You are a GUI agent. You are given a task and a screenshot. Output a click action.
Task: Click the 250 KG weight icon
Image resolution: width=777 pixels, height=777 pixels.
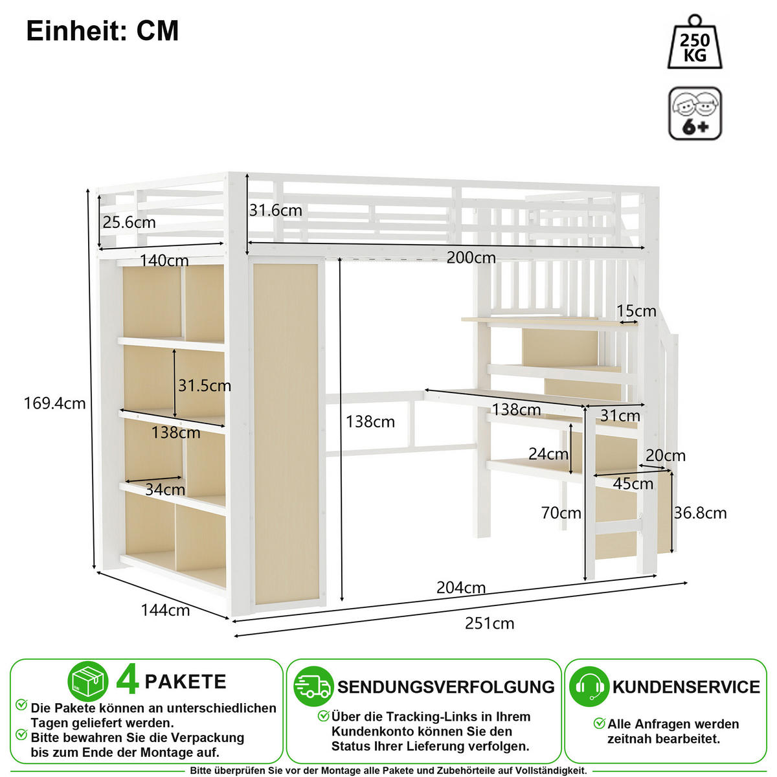[x=695, y=42]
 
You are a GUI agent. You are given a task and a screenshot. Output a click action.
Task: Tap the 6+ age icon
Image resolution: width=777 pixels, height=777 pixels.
[x=695, y=113]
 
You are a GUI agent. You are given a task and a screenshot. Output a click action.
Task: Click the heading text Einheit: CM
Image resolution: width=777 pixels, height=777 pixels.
[x=102, y=30]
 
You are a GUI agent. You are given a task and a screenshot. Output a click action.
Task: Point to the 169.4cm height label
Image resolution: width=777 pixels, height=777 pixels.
[x=55, y=403]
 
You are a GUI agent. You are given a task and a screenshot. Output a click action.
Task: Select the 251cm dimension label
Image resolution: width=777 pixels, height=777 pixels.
[x=490, y=624]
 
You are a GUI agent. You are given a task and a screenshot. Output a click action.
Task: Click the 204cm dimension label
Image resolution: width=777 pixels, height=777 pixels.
[x=461, y=588]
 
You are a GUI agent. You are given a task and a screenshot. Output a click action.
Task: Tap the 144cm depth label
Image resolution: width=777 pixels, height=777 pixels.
[x=165, y=610]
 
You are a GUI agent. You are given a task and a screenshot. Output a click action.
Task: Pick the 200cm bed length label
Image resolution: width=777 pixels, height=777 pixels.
[x=471, y=258]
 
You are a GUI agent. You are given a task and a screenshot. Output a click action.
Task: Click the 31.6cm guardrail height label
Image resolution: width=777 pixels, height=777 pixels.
[x=275, y=210]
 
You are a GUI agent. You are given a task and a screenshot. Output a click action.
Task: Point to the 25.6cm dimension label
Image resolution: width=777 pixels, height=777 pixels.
[x=129, y=222]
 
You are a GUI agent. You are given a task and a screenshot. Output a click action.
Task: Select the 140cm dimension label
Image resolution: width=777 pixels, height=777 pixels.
[x=164, y=260]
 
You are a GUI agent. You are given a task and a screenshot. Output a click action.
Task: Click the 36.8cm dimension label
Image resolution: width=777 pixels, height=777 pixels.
[x=701, y=513]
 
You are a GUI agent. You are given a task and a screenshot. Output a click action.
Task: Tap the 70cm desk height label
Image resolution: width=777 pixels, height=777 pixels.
[x=561, y=513]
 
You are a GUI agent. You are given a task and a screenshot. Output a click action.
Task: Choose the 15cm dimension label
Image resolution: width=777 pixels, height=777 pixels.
[x=636, y=311]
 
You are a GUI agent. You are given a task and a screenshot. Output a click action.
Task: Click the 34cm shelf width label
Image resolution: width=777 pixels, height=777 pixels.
[x=165, y=490]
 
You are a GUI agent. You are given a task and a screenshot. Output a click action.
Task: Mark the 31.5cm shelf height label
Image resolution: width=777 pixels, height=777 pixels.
[x=205, y=386]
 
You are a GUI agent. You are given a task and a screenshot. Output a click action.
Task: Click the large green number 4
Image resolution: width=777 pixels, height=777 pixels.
[x=127, y=681]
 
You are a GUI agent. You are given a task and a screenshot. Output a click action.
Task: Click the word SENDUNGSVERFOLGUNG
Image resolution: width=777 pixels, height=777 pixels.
[x=446, y=687]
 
